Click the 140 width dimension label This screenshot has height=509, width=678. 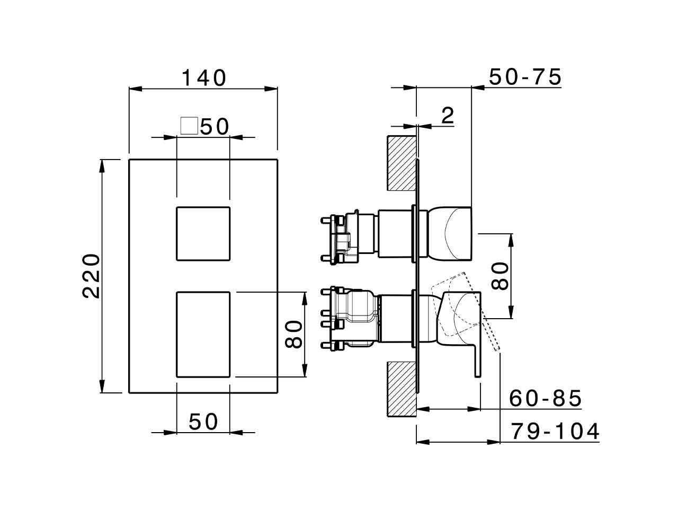(204, 78)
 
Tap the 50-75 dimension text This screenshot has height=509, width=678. (524, 77)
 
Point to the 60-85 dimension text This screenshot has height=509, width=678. (546, 398)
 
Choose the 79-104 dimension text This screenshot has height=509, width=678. (555, 432)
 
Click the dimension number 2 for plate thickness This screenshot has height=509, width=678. (448, 115)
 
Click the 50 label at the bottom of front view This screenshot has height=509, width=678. (203, 422)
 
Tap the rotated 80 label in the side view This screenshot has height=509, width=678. (500, 276)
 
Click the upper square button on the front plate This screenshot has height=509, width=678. (203, 233)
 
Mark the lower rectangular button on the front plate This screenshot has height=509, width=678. (203, 334)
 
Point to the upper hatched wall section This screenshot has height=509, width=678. (403, 163)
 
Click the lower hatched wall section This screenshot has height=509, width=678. (403, 389)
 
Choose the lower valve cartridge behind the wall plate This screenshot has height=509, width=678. (352, 318)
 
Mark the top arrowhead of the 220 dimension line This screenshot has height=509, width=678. (102, 165)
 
